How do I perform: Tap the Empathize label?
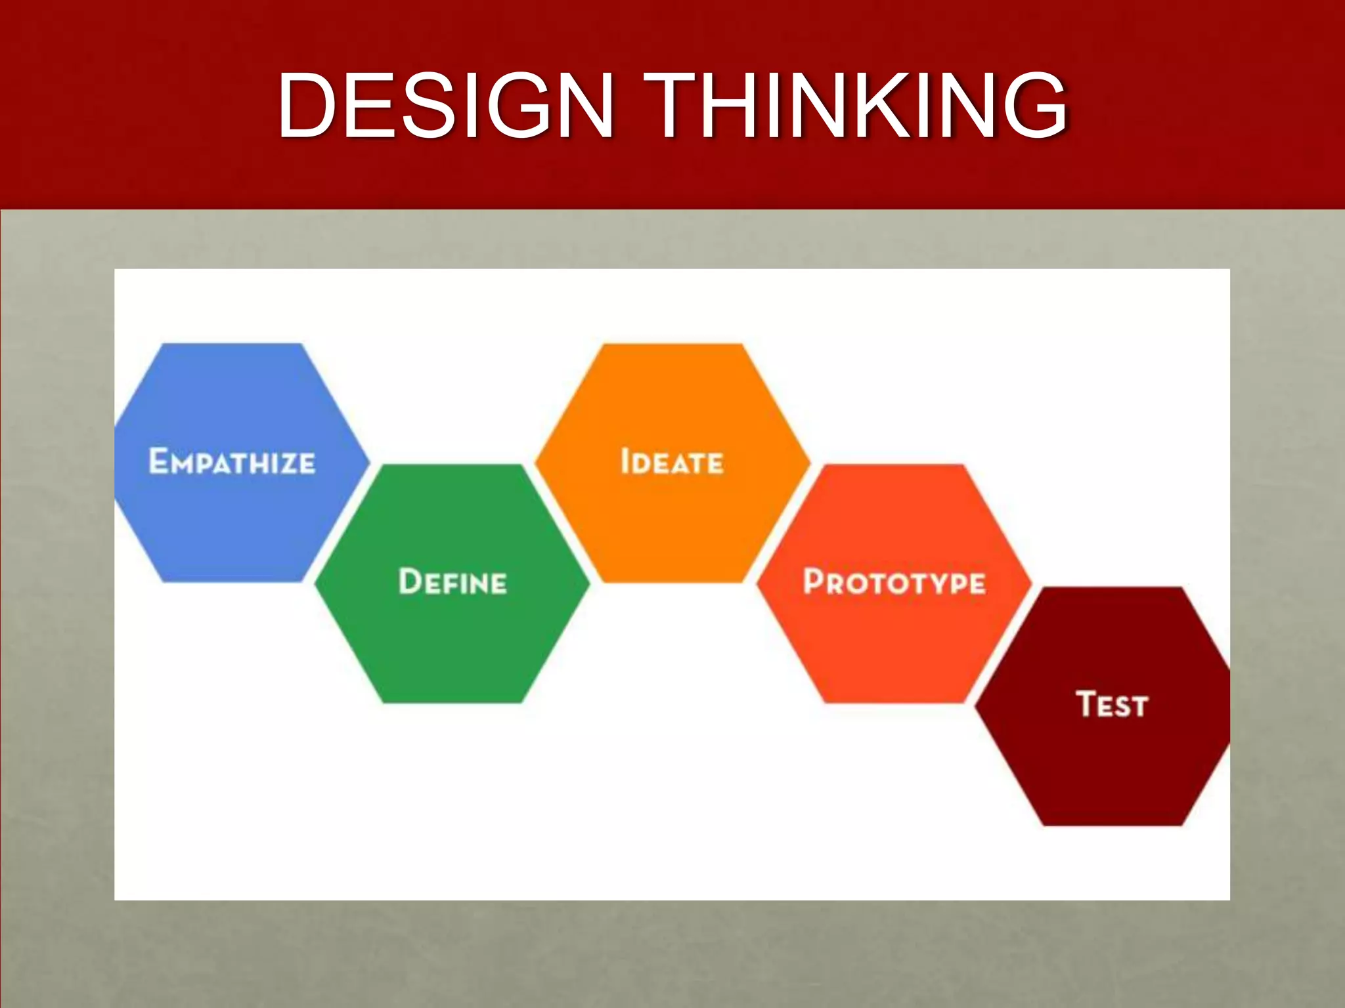[232, 461]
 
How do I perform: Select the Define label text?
[452, 582]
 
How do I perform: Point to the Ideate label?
[672, 461]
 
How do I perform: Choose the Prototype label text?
[894, 582]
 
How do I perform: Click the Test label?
[1112, 704]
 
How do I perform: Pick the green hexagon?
[452, 643]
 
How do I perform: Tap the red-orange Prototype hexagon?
[894, 643]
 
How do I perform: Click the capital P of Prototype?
[814, 581]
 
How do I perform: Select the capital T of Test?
[1087, 703]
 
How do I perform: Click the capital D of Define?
[410, 581]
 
